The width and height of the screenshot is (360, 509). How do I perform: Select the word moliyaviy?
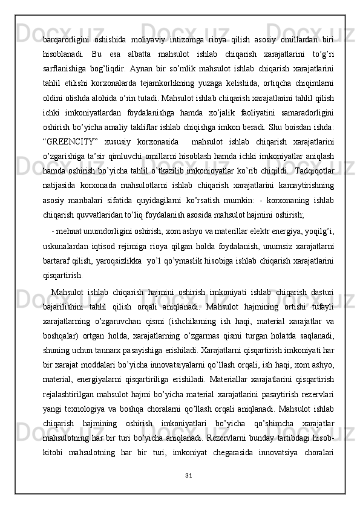pyautogui.click(x=148, y=40)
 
